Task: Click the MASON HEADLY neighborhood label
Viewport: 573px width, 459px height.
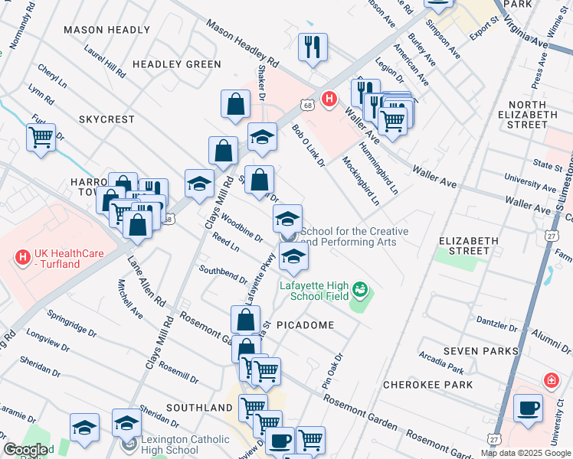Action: coord(106,30)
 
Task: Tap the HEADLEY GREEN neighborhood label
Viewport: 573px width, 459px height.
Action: coord(177,64)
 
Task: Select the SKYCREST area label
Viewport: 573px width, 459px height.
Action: coord(106,120)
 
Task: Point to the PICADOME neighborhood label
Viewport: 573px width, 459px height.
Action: coord(305,325)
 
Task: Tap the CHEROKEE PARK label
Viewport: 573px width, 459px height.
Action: coord(427,385)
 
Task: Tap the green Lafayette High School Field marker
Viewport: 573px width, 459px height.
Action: coord(359,290)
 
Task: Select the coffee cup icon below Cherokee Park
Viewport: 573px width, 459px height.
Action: coord(529,407)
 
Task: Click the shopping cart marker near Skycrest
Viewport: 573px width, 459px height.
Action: coord(41,138)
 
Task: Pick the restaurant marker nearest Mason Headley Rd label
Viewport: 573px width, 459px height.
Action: coord(313,47)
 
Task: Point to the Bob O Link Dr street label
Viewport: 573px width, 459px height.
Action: coord(308,146)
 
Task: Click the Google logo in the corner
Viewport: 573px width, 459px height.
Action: coord(25,451)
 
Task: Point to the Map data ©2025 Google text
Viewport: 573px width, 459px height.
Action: coord(526,453)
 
